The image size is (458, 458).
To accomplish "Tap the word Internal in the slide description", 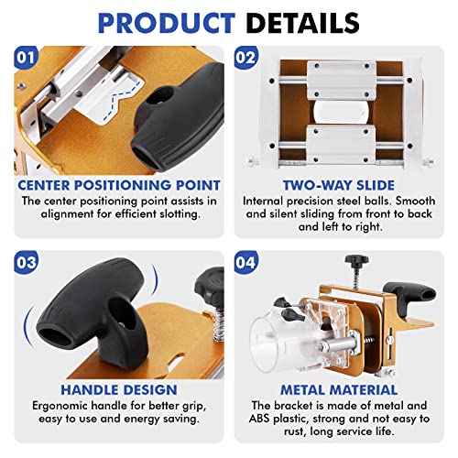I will pyautogui.click(x=265, y=199).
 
